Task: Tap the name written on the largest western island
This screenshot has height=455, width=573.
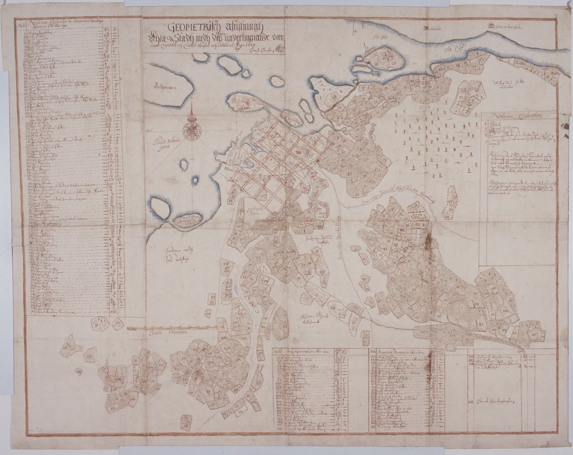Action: click(162, 87)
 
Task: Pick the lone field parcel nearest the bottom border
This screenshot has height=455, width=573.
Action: click(186, 421)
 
